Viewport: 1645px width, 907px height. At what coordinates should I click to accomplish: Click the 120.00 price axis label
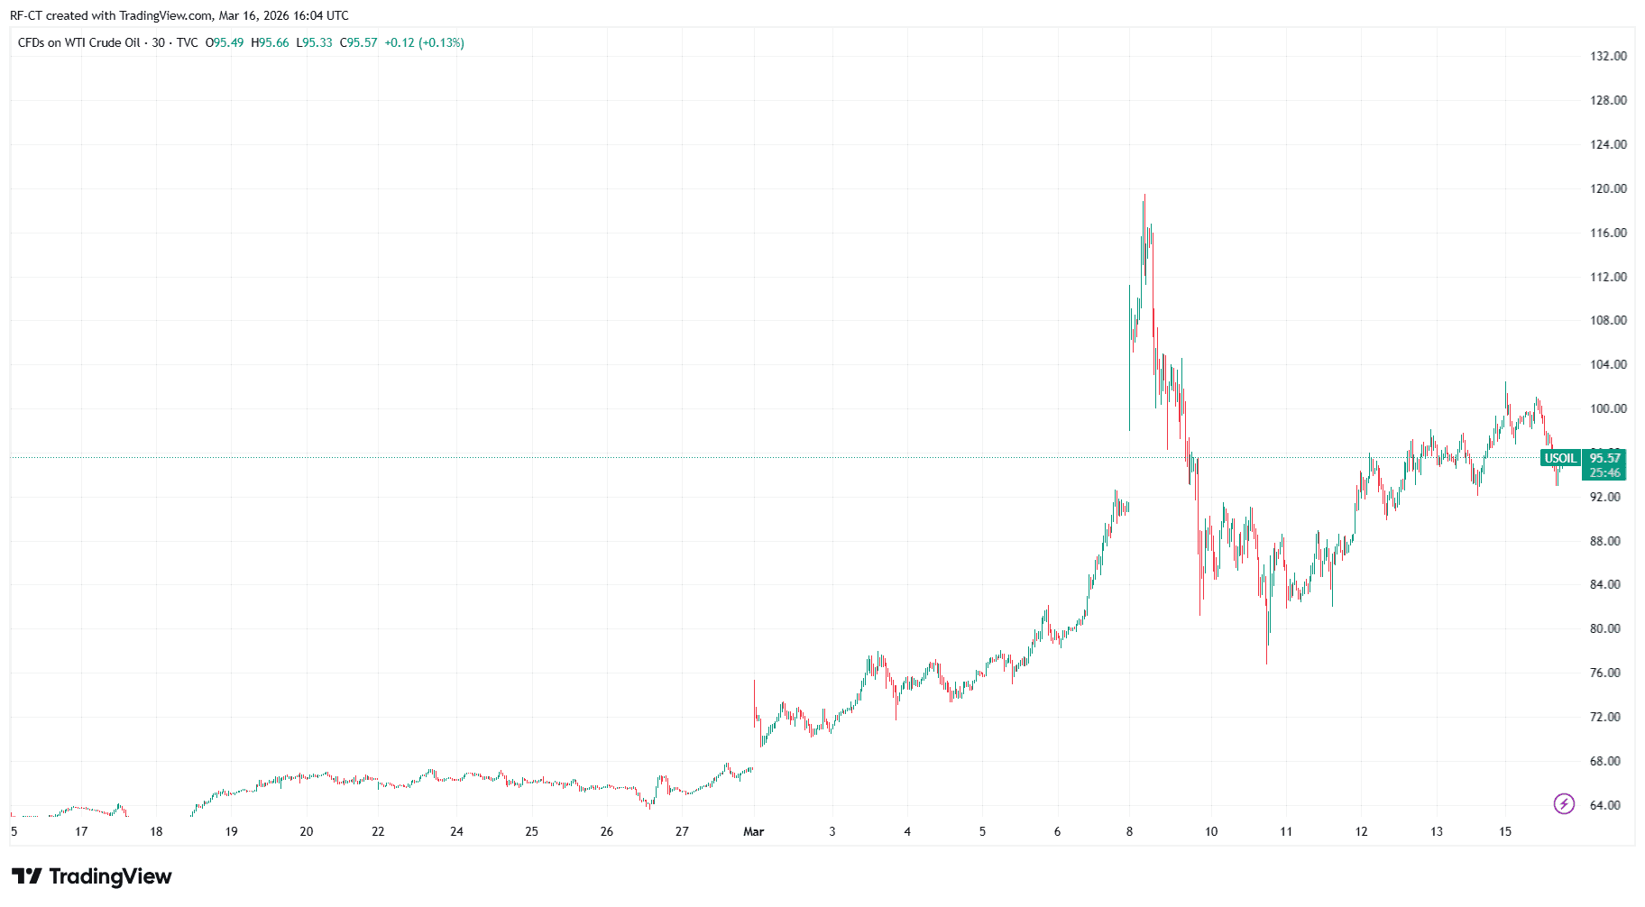(x=1608, y=188)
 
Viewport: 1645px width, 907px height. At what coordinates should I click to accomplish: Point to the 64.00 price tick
(x=1605, y=805)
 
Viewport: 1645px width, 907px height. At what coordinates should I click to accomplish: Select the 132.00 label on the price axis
(x=1608, y=56)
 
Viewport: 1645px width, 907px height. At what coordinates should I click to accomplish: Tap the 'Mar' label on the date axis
(x=753, y=831)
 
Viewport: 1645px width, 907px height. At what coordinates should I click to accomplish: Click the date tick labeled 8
(x=1129, y=831)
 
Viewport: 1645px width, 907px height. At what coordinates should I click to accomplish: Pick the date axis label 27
(x=682, y=831)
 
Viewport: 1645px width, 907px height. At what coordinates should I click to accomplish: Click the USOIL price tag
(x=1560, y=458)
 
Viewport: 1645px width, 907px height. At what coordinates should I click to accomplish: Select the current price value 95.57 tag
(x=1605, y=458)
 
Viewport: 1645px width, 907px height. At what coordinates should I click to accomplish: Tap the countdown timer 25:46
(x=1605, y=472)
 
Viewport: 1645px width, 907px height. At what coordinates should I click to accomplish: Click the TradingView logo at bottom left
(x=91, y=876)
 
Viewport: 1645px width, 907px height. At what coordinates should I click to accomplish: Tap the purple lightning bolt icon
(x=1564, y=803)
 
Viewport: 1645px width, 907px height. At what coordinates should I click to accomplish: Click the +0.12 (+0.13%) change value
(x=424, y=42)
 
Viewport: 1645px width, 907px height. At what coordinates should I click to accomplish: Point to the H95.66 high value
(x=270, y=42)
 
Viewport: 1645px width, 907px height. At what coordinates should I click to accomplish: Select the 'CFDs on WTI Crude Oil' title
(x=79, y=42)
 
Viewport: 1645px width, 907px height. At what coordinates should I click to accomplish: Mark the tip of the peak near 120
(x=1144, y=195)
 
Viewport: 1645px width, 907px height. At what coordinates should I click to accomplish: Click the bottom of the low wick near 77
(x=1266, y=664)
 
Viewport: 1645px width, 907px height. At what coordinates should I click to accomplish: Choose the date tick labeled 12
(x=1361, y=831)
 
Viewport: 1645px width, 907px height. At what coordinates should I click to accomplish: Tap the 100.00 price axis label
(x=1608, y=408)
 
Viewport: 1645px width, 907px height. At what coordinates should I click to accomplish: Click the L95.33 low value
(x=314, y=42)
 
